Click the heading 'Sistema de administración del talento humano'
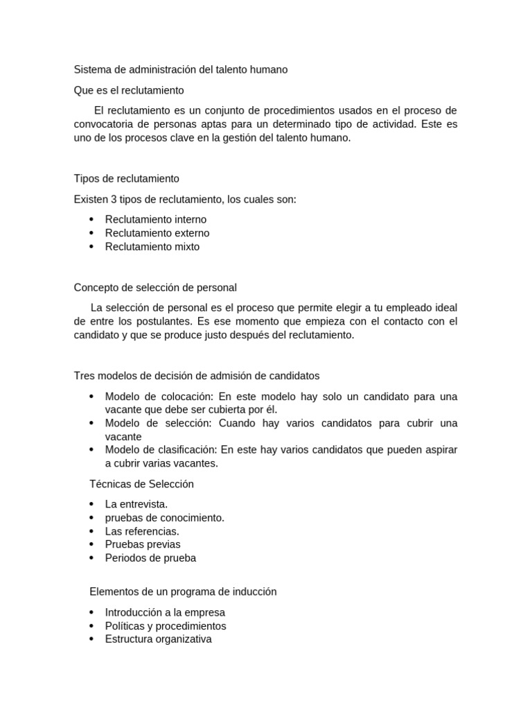coord(180,70)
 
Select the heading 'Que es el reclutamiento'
coord(129,90)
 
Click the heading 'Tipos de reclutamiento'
coord(126,179)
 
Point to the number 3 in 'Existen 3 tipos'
coord(114,200)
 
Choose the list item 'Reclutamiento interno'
coord(155,220)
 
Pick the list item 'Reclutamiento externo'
coord(157,233)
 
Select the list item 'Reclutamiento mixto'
coord(152,247)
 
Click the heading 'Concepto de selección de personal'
coord(155,288)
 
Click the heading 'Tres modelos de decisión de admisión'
coord(197,376)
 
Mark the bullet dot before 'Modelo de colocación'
coord(91,397)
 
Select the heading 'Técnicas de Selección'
coord(141,484)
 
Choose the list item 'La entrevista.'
coord(136,504)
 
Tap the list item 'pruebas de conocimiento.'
coord(164,518)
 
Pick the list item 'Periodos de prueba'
coord(150,558)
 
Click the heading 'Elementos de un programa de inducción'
coord(183,592)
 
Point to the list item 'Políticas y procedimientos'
coord(165,626)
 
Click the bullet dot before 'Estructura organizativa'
coord(91,639)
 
